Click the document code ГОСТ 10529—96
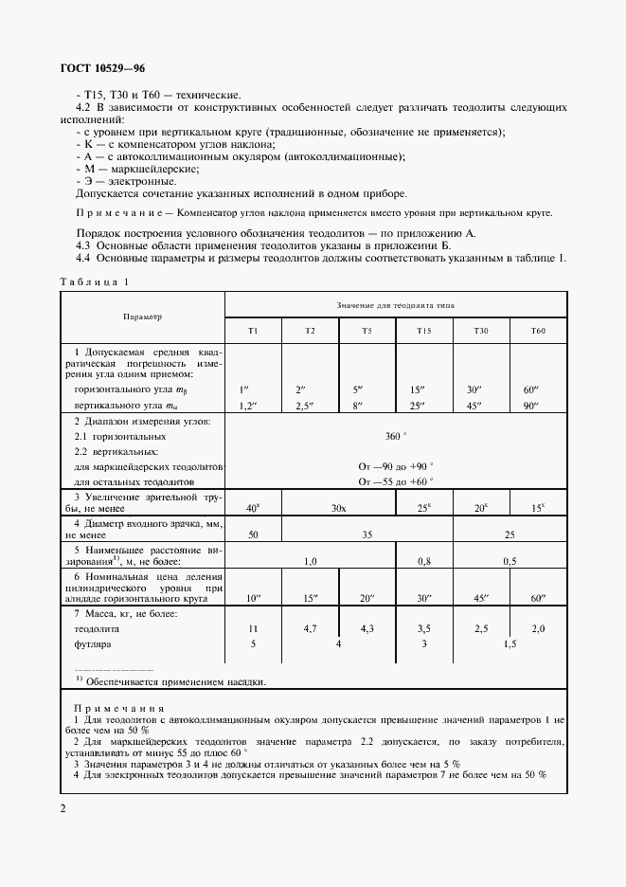[102, 68]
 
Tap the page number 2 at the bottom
[63, 808]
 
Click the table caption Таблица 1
[93, 282]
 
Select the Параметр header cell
[142, 317]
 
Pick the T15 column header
[424, 330]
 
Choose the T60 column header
[539, 330]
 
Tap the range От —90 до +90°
[396, 466]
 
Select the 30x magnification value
[338, 508]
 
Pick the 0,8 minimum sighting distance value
[424, 561]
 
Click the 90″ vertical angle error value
[539, 406]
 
